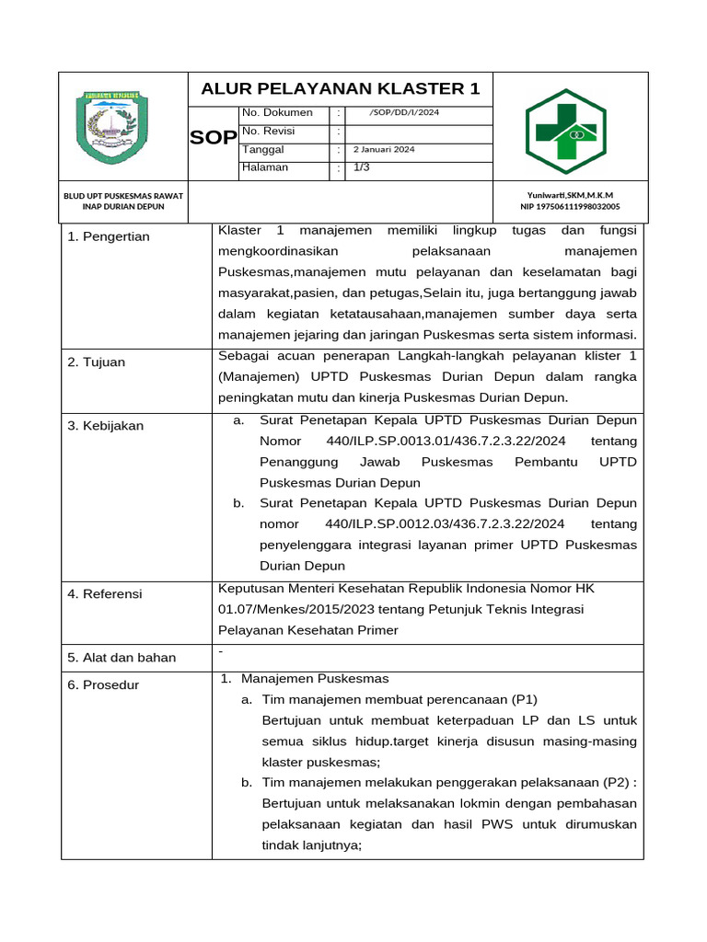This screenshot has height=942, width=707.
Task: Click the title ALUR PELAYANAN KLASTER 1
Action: click(x=341, y=88)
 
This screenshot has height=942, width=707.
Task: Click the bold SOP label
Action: click(x=213, y=138)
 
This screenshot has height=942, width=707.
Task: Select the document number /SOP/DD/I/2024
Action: click(x=404, y=113)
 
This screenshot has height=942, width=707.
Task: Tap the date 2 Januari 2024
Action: click(x=384, y=149)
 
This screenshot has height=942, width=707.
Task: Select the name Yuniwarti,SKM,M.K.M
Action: click(x=570, y=195)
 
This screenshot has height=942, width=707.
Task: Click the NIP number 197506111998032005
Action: click(x=570, y=207)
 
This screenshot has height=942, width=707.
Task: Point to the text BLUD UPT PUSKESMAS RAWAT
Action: click(x=123, y=195)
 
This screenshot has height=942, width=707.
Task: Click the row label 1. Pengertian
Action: click(x=109, y=237)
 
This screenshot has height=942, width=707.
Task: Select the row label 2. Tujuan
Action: click(x=96, y=362)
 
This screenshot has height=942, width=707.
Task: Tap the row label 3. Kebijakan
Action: click(x=105, y=426)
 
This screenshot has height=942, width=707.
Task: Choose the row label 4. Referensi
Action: click(x=105, y=594)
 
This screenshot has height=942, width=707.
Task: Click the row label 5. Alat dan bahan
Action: click(x=122, y=658)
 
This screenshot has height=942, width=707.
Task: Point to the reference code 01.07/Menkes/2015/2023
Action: click(x=292, y=609)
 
